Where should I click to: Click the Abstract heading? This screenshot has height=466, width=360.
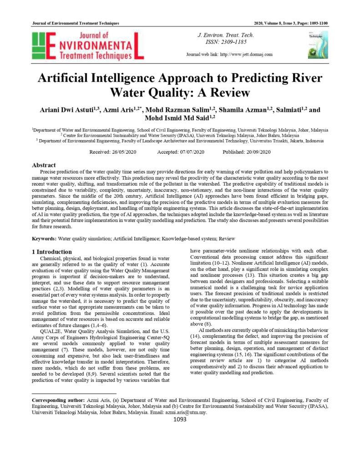[x=44, y=165]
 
